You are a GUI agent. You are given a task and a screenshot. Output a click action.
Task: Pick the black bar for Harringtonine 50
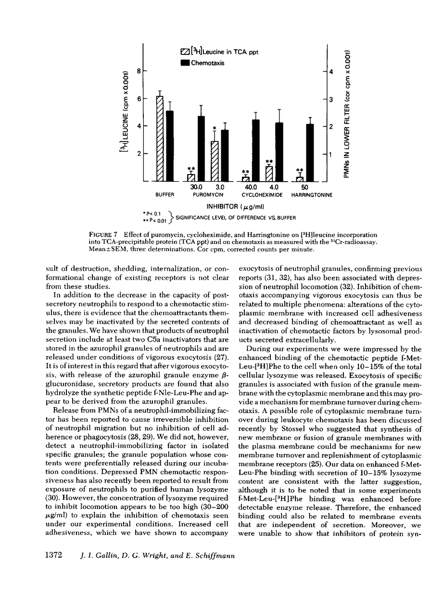pyautogui.click(x=310, y=153)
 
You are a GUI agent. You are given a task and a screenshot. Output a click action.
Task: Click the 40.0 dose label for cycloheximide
pyautogui.click(x=248, y=187)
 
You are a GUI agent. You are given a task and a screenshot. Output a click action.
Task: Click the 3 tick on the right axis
pyautogui.click(x=331, y=99)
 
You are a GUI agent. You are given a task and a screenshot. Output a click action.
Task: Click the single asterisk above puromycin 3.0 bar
pyautogui.click(x=215, y=128)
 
